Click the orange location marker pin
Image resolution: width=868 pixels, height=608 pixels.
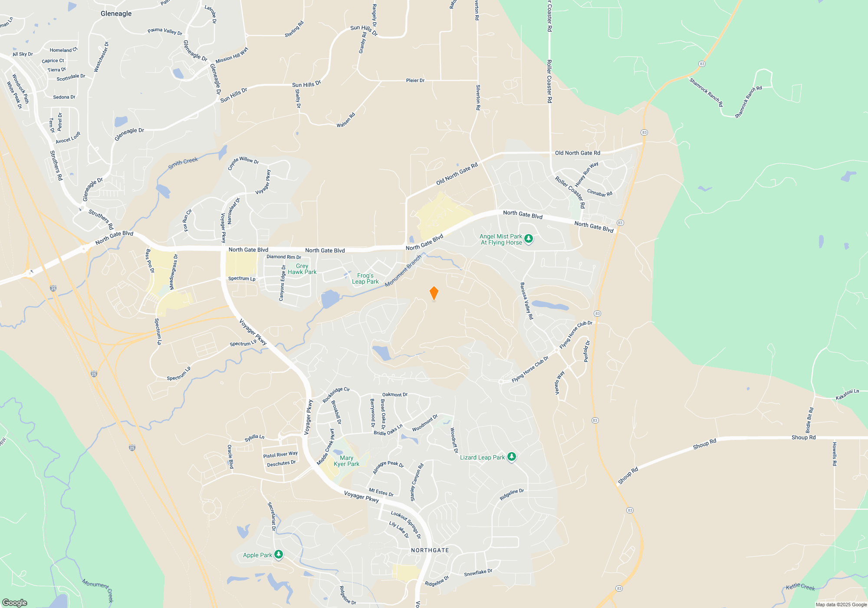[x=434, y=293]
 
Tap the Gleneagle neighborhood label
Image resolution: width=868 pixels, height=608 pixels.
[x=116, y=13]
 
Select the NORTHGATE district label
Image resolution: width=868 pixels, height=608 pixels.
[x=430, y=550]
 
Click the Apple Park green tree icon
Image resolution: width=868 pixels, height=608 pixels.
[x=279, y=555]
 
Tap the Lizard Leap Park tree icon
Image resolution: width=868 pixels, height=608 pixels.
[x=512, y=457]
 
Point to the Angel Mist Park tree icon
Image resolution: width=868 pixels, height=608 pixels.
[x=529, y=238]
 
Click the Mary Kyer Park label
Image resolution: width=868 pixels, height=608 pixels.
[x=346, y=461]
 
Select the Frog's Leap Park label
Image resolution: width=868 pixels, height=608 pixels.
[x=365, y=278]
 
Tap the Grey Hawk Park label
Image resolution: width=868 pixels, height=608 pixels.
[x=302, y=269]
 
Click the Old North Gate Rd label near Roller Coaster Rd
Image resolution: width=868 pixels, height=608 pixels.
[x=577, y=153]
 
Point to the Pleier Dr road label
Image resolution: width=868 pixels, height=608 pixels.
[x=415, y=80]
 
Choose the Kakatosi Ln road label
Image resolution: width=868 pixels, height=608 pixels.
[x=847, y=394]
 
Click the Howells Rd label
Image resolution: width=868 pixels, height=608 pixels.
[x=834, y=454]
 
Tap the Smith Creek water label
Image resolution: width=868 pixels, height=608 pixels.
[x=183, y=163]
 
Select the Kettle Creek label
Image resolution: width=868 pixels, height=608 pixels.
[x=800, y=587]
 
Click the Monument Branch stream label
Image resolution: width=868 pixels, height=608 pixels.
[x=403, y=271]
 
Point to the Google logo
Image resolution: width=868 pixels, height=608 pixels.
[x=15, y=602]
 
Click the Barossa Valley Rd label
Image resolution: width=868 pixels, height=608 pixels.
[x=526, y=301]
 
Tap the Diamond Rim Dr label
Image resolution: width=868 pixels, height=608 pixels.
[x=283, y=257]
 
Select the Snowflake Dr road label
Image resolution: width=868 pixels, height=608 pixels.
[x=478, y=573]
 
